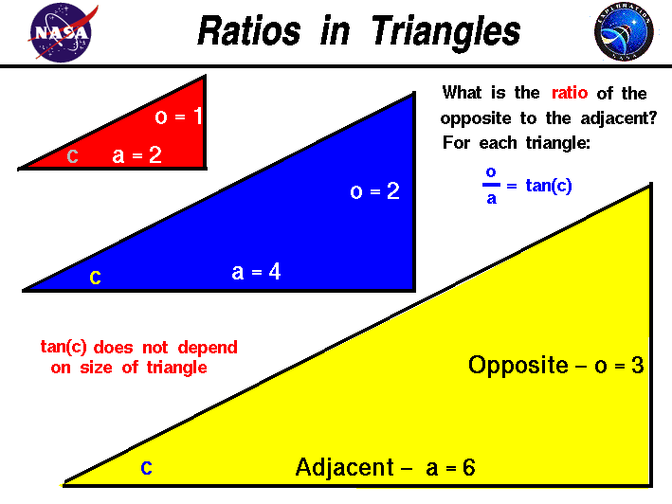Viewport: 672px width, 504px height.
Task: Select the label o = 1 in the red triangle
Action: click(179, 117)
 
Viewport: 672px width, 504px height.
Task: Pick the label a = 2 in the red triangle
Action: click(136, 155)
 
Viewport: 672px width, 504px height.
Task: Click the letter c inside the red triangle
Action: click(72, 156)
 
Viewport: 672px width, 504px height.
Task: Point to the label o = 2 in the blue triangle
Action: click(374, 191)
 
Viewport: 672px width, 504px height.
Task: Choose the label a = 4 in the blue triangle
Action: click(256, 272)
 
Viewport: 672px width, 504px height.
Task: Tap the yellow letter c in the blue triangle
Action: click(95, 277)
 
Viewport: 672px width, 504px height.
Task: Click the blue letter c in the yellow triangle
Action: click(146, 467)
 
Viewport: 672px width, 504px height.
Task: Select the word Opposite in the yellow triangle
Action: click(518, 366)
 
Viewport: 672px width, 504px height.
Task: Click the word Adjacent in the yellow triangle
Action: click(344, 467)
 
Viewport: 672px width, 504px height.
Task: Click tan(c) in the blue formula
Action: click(549, 186)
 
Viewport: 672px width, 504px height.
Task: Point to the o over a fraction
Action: click(491, 186)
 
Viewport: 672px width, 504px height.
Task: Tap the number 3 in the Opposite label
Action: click(638, 366)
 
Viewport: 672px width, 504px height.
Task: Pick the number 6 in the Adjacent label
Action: click(467, 467)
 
